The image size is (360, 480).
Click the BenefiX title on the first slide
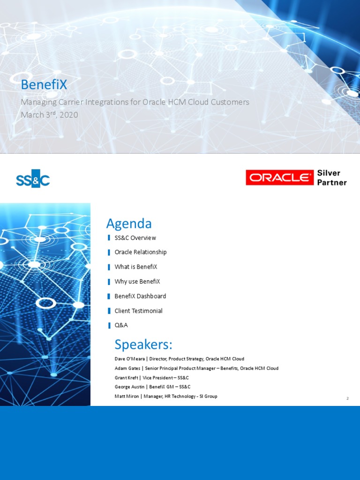point(44,85)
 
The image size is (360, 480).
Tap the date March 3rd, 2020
point(49,114)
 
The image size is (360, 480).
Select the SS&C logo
point(33,179)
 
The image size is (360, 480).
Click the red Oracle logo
point(279,178)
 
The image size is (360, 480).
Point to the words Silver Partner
point(332,178)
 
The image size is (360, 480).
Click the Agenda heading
point(129,223)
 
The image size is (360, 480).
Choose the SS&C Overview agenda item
point(135,238)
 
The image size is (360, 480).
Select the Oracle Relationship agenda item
point(140,252)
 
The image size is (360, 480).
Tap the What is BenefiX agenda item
point(135,267)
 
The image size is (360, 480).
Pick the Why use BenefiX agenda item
point(137,282)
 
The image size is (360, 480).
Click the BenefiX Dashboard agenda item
point(140,296)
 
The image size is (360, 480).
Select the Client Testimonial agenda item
point(138,311)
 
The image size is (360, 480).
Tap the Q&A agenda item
point(121,325)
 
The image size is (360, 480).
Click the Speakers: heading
point(143,345)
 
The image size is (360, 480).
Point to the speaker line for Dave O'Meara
point(179,359)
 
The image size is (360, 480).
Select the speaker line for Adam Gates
point(196,368)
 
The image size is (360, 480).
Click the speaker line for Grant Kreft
point(152,378)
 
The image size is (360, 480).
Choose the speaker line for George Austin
point(152,387)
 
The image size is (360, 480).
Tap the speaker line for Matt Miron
point(166,397)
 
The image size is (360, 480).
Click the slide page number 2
point(347,398)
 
